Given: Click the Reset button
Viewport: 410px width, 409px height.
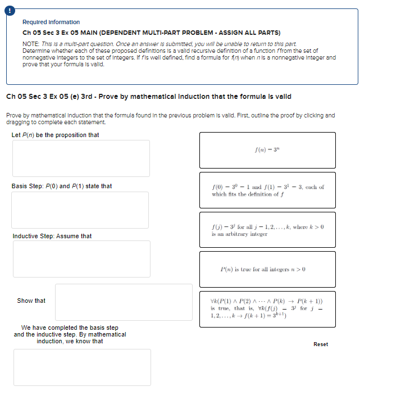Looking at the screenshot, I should [321, 344].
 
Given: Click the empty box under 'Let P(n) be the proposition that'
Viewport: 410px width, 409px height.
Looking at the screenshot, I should [82, 158].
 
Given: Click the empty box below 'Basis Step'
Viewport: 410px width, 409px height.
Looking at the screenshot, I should [81, 210].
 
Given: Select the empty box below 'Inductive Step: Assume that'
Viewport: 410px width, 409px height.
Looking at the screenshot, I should [82, 258].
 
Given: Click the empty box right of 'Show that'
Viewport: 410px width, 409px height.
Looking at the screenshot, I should [124, 302].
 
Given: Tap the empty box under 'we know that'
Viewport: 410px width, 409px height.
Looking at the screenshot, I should [82, 367].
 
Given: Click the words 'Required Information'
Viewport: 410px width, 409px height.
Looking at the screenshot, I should [51, 22].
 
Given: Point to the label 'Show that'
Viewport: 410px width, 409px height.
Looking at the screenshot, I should [31, 301].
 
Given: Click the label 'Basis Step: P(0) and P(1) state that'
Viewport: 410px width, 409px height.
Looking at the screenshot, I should [62, 186].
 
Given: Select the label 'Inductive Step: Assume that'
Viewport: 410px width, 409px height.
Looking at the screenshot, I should [52, 236].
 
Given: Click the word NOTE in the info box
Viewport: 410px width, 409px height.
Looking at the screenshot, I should [30, 44].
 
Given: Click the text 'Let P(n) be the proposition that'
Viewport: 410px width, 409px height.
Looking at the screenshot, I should [55, 135].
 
